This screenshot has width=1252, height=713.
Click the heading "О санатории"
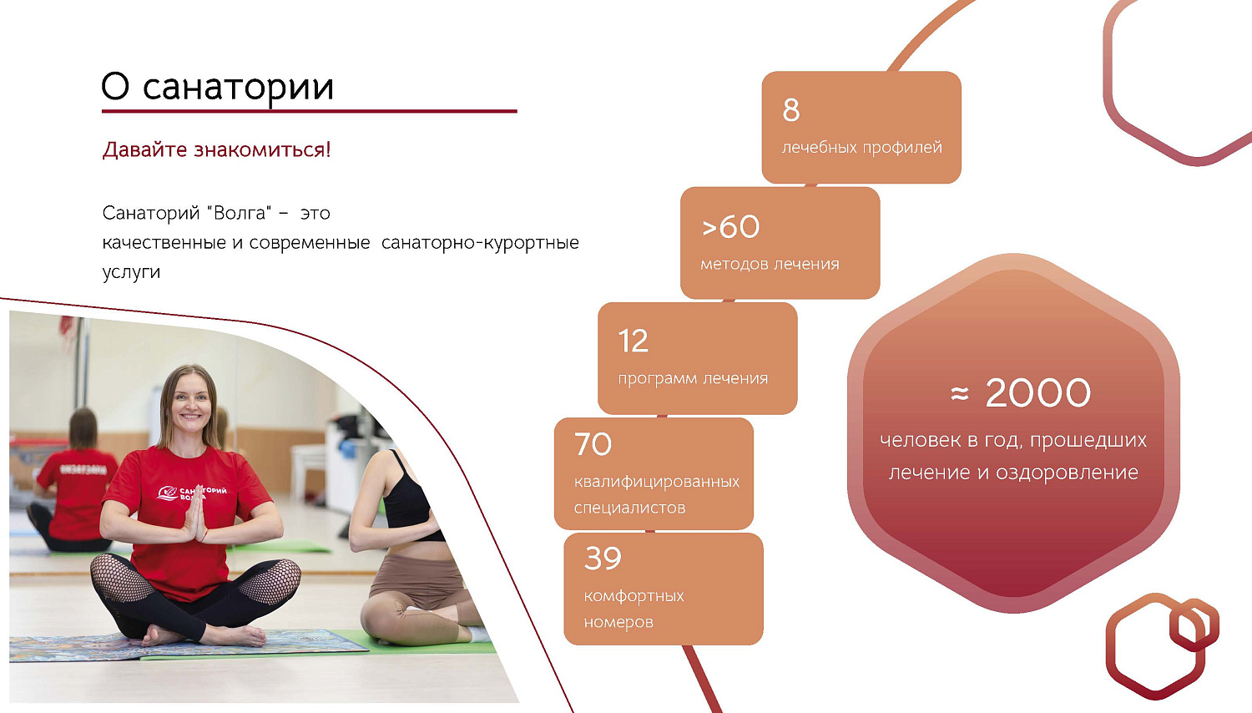click(x=217, y=87)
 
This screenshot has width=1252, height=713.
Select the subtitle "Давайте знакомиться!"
click(x=216, y=150)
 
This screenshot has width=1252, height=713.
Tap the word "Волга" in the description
click(x=240, y=213)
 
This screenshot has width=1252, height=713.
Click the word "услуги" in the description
click(x=131, y=272)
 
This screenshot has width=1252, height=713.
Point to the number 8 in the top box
click(x=791, y=110)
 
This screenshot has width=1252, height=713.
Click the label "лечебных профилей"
click(x=861, y=148)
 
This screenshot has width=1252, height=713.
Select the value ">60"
click(x=730, y=227)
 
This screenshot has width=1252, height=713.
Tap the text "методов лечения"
click(x=770, y=265)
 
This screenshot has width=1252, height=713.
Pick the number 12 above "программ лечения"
click(x=633, y=341)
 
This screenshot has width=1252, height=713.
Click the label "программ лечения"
click(x=693, y=379)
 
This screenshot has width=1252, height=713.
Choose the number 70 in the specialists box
click(x=593, y=444)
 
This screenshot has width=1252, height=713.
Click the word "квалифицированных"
click(x=657, y=482)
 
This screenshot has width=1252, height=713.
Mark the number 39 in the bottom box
click(x=603, y=559)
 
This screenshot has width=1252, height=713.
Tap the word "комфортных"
click(x=634, y=596)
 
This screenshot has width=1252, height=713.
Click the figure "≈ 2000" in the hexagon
click(x=1021, y=393)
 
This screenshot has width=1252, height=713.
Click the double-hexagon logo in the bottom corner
click(x=1161, y=645)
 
